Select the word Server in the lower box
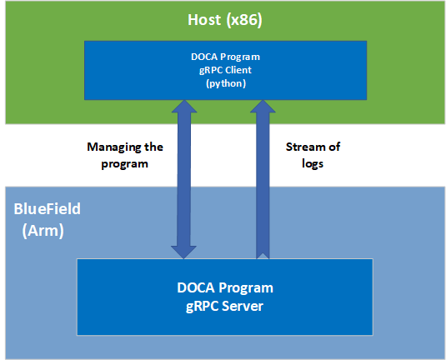point(248,306)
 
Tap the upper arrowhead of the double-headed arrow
point(184,112)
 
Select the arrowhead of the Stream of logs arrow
point(262,112)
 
